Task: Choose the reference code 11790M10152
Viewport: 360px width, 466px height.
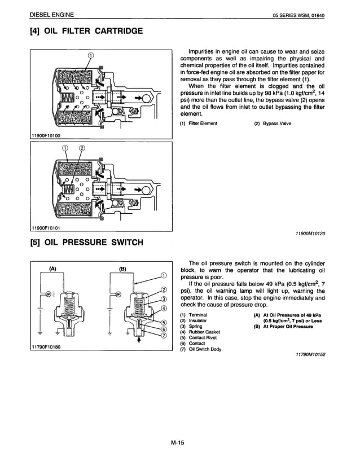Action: click(x=310, y=354)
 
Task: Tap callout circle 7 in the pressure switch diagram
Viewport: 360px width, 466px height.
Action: click(x=164, y=337)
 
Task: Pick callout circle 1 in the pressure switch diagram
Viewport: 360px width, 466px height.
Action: click(x=164, y=275)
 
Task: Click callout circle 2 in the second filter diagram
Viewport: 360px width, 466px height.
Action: click(x=82, y=148)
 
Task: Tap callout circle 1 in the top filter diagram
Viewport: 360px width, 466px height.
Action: click(x=90, y=55)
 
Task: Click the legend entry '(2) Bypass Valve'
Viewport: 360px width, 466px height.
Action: click(x=273, y=124)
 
